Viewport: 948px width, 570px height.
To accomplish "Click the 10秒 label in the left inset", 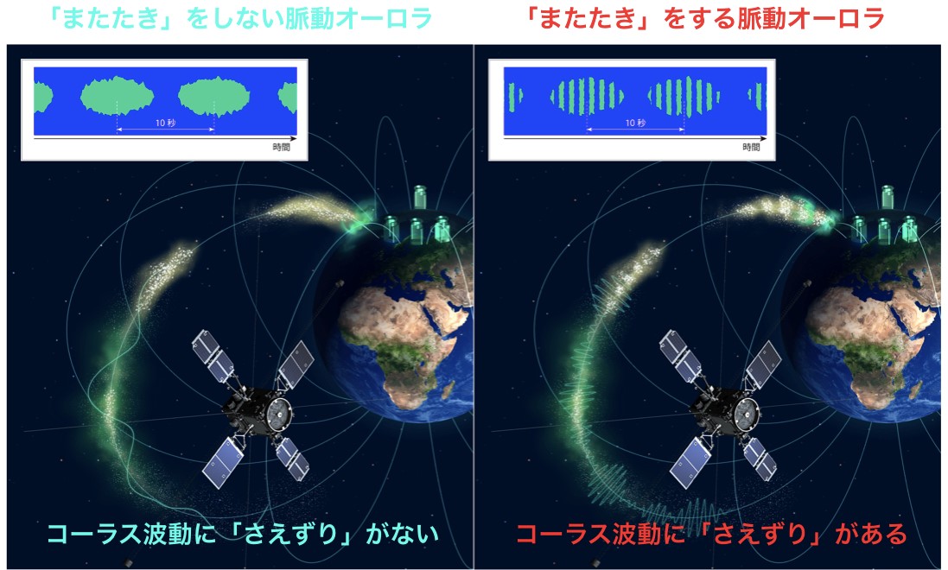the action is pos(165,123).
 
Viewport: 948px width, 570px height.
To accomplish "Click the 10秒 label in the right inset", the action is pos(635,123).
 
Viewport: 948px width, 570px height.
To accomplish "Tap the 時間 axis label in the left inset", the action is pos(281,147).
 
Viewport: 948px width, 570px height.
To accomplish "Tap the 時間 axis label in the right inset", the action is pos(751,147).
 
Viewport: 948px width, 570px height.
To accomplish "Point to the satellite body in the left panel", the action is pos(258,412).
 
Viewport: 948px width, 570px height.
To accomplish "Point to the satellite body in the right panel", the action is pos(726,412).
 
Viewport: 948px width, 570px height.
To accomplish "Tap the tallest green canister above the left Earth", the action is pos(420,197).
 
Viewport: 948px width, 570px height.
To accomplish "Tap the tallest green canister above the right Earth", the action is pos(888,197).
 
